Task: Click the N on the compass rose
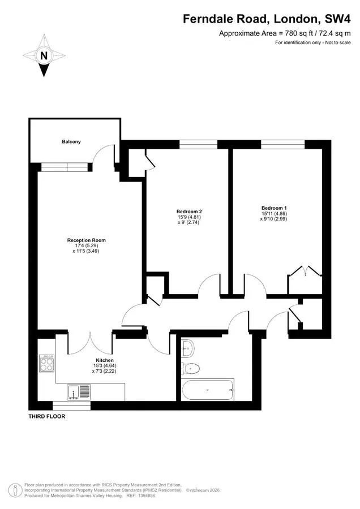[x=44, y=55]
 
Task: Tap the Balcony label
[x=71, y=141]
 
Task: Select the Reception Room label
[x=87, y=240]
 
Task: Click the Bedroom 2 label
[x=190, y=212]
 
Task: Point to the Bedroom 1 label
[x=274, y=208]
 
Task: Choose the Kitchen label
[x=105, y=360]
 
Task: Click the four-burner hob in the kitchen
[x=47, y=364]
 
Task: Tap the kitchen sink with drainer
[x=79, y=392]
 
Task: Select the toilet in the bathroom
[x=190, y=368]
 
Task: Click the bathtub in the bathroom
[x=208, y=390]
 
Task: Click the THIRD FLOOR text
[x=47, y=416]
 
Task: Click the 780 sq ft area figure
[x=295, y=33]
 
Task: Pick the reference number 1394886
[x=146, y=495]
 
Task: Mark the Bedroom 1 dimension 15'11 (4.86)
[x=274, y=214]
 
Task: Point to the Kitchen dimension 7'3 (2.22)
[x=104, y=370]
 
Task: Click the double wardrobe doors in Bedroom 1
[x=305, y=271]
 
